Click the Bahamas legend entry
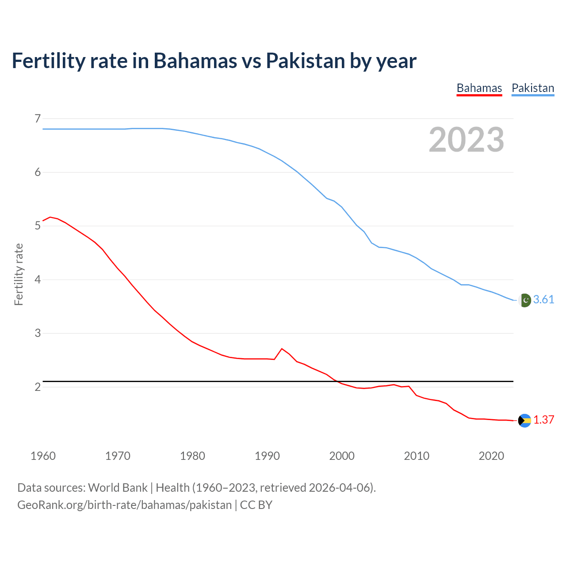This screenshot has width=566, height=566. [x=479, y=88]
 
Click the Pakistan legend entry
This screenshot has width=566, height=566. [x=533, y=88]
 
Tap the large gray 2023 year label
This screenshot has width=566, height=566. [x=467, y=140]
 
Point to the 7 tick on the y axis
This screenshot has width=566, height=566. [x=38, y=119]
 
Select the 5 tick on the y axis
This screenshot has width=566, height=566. [x=38, y=226]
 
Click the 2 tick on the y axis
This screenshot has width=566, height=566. [x=38, y=387]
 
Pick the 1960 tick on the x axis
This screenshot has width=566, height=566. [x=43, y=456]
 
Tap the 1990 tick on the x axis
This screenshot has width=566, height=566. [x=267, y=456]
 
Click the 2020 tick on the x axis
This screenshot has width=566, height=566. [x=491, y=456]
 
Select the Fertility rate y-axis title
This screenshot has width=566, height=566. [x=19, y=274]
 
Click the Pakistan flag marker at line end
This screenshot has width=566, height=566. [x=524, y=300]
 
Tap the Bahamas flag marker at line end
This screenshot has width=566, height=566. [x=524, y=421]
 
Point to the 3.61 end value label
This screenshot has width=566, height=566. [x=543, y=300]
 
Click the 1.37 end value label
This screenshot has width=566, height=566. [x=543, y=420]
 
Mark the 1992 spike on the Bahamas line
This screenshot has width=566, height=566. [x=282, y=349]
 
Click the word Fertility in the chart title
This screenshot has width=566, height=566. [x=48, y=61]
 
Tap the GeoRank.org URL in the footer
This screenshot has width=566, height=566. [x=124, y=505]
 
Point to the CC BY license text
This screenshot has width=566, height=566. [x=256, y=505]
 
